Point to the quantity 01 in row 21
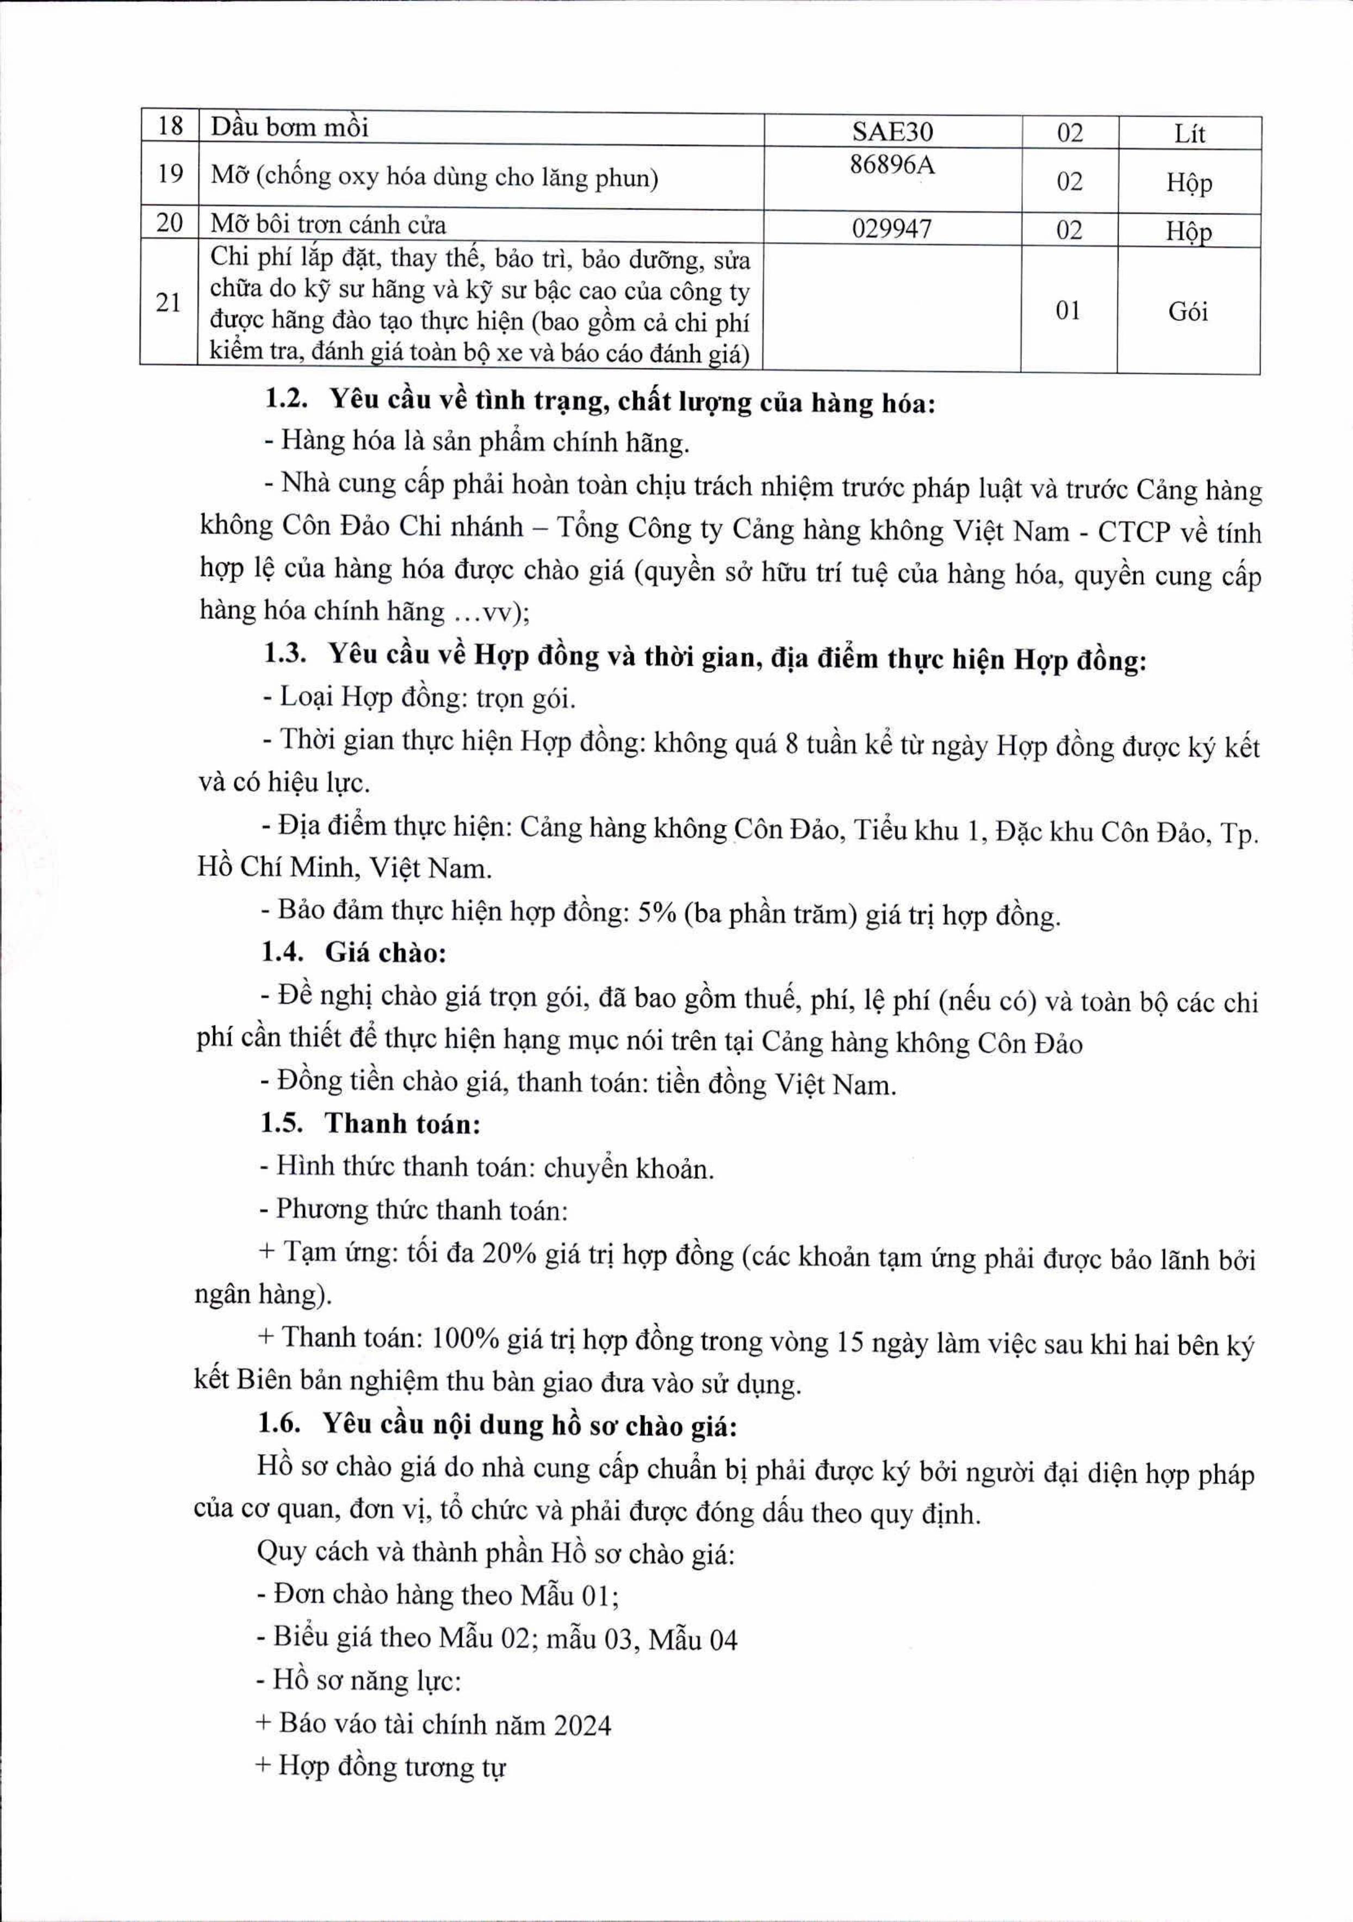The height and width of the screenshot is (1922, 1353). coord(1069,311)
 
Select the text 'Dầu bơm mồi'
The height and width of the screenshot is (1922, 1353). coord(289,128)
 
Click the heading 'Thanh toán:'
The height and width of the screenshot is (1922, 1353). coord(402,1123)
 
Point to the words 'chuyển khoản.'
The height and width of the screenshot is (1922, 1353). coord(629,1168)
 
